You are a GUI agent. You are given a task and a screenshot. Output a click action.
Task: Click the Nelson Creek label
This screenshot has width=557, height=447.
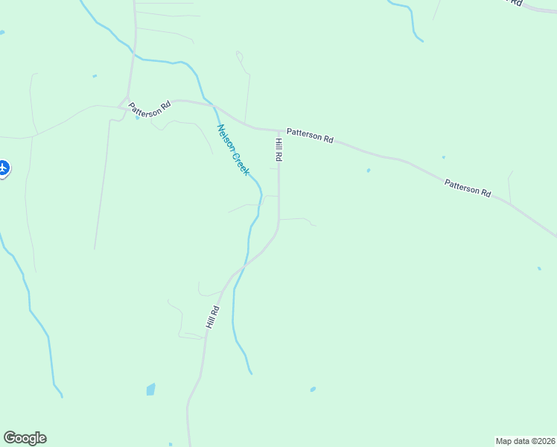pos(232,149)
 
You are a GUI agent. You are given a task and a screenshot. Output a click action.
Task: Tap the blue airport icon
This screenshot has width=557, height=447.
pos(2,168)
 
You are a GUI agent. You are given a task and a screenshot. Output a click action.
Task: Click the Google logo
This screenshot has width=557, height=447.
pos(25,438)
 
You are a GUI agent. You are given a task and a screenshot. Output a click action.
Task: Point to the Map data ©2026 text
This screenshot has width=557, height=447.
pos(525,440)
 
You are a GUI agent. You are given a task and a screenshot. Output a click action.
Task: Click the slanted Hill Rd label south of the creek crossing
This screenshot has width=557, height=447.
pos(213,318)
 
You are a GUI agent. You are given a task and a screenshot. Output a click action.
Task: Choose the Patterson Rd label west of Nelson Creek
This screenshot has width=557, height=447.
pos(149,109)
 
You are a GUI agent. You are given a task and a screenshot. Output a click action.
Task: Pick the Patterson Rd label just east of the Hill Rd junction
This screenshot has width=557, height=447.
pos(311,135)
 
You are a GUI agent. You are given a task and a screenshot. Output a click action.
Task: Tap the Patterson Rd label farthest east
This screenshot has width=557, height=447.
pos(468,187)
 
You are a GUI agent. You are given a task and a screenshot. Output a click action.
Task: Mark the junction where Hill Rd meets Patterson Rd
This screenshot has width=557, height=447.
pos(279,130)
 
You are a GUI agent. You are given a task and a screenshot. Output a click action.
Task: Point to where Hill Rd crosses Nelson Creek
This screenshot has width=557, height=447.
pos(245,265)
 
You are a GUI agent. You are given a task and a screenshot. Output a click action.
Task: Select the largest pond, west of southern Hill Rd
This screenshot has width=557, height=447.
pos(151,389)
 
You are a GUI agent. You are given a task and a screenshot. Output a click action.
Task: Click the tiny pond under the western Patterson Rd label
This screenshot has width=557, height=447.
pos(138,118)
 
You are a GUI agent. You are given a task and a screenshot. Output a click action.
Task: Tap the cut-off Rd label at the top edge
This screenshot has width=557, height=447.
pos(515,3)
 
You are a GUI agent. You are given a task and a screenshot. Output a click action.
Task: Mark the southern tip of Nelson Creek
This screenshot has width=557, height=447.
pos(251,372)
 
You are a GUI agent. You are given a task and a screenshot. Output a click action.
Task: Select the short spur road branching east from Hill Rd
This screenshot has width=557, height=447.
pos(298,220)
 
